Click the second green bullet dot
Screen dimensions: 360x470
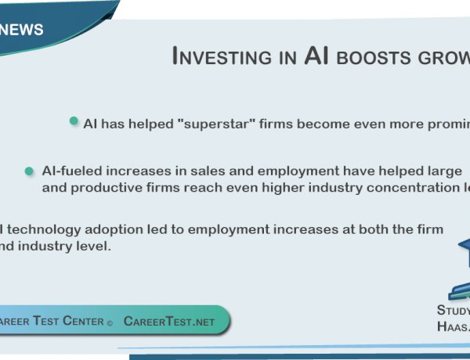click(29, 171)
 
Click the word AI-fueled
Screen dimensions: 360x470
click(71, 171)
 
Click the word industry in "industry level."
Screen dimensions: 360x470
click(54, 246)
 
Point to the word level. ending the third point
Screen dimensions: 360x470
click(97, 246)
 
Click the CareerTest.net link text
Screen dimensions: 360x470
click(170, 321)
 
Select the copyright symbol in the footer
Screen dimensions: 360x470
click(110, 322)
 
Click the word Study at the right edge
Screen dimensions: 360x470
click(454, 310)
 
